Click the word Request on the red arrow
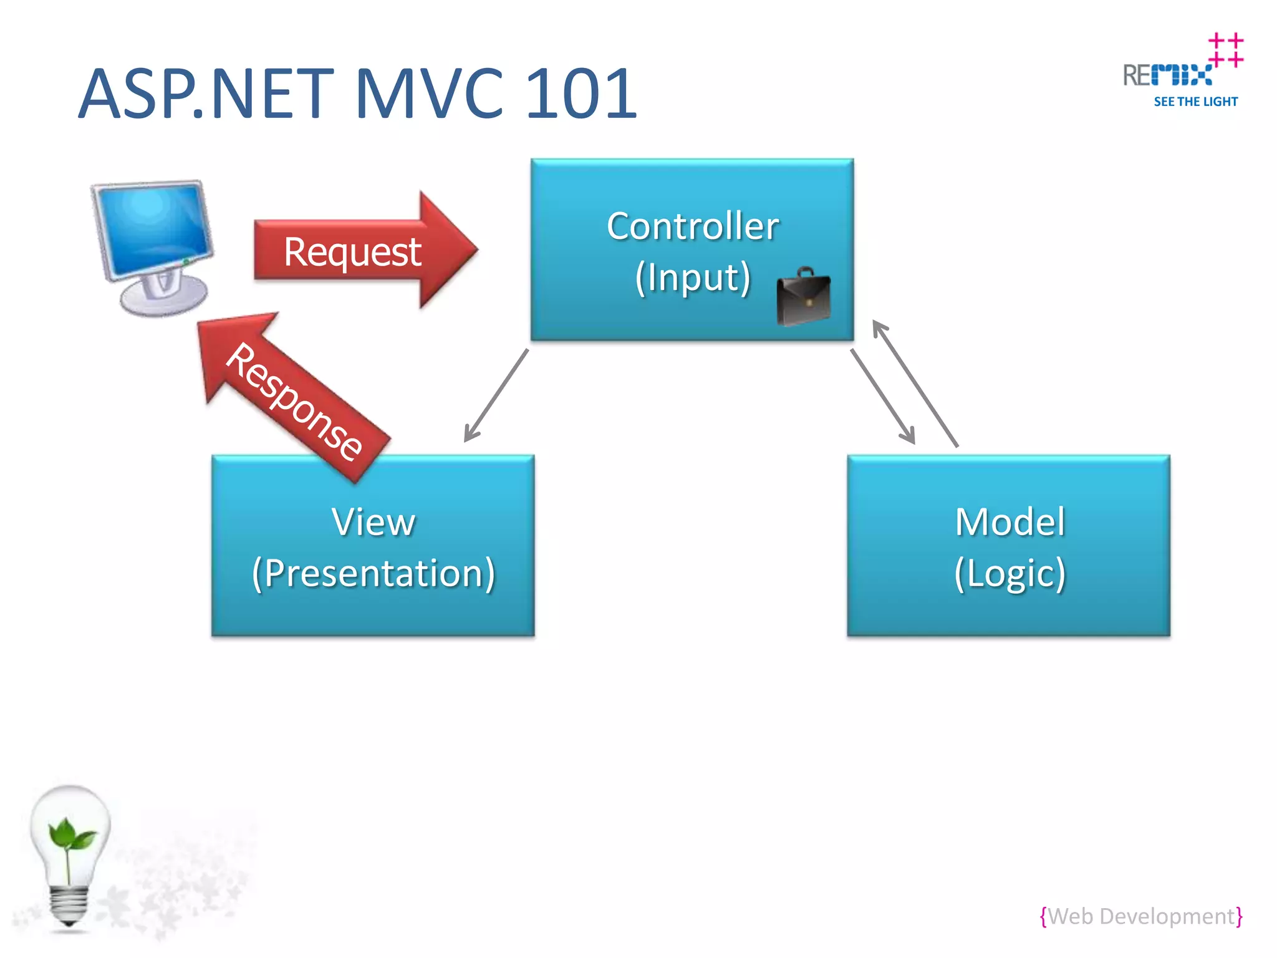pyautogui.click(x=352, y=252)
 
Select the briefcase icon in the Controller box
pyautogui.click(x=803, y=298)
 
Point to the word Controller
pyautogui.click(x=692, y=226)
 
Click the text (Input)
pyautogui.click(x=692, y=278)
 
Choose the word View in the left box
pyautogui.click(x=373, y=522)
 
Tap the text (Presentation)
pyautogui.click(x=373, y=573)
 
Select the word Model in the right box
pyautogui.click(x=1010, y=522)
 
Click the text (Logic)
pyautogui.click(x=1010, y=573)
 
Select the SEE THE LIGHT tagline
pyautogui.click(x=1195, y=102)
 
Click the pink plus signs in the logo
pyautogui.click(x=1225, y=50)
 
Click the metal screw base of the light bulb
pyautogui.click(x=68, y=904)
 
